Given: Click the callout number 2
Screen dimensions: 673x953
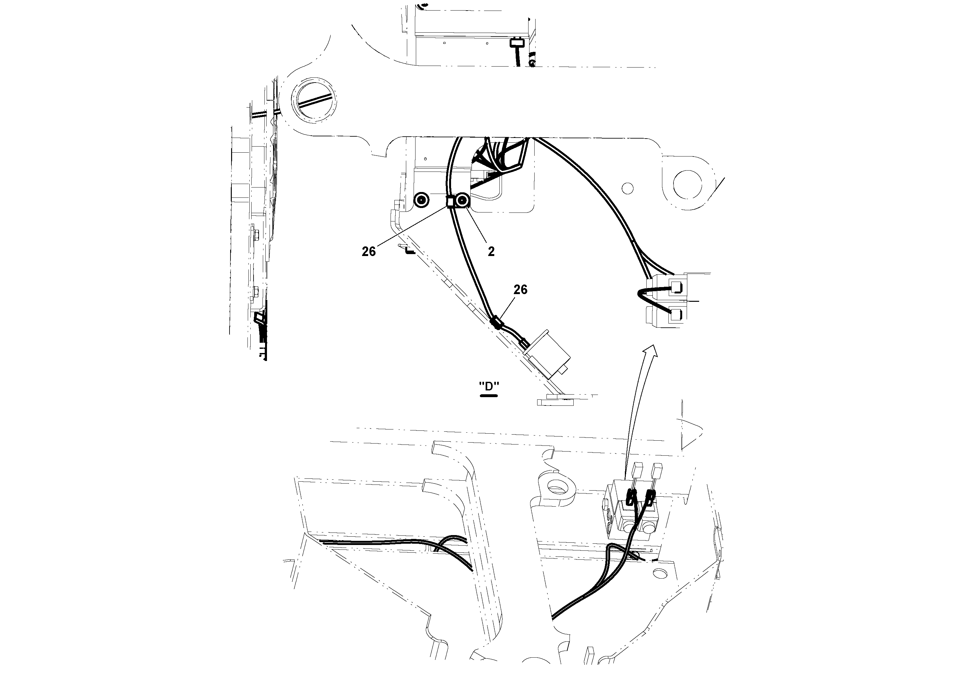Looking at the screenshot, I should pos(491,252).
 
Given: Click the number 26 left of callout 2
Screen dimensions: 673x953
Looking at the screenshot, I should pos(368,252).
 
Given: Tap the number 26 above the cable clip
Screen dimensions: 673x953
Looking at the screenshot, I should pos(520,290).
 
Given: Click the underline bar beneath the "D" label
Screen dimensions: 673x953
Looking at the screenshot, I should pos(489,396).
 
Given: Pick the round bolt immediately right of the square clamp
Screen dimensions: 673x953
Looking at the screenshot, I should pos(462,202).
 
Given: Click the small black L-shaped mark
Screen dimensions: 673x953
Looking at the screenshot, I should pos(409,252).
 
